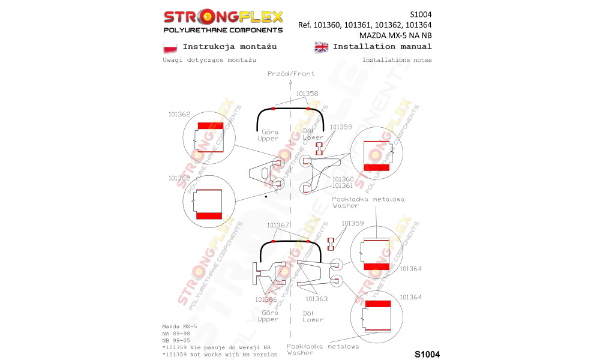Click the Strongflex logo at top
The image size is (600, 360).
pyautogui.click(x=223, y=21)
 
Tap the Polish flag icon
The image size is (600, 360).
pyautogui.click(x=170, y=47)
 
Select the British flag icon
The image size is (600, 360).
pyautogui.click(x=322, y=47)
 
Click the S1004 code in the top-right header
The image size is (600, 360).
pyautogui.click(x=421, y=14)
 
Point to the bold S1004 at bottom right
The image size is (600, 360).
pyautogui.click(x=427, y=354)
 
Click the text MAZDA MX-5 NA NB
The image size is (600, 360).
pyautogui.click(x=395, y=35)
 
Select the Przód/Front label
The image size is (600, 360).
pyautogui.click(x=291, y=73)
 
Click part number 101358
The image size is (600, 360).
pyautogui.click(x=307, y=94)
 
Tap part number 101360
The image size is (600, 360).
pyautogui.click(x=343, y=179)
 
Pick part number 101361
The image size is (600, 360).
pyautogui.click(x=343, y=185)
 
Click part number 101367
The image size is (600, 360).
pyautogui.click(x=278, y=226)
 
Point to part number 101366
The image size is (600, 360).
pyautogui.click(x=266, y=299)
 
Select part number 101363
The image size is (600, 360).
pyautogui.click(x=316, y=299)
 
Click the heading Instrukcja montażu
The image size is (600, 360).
pyautogui.click(x=230, y=47)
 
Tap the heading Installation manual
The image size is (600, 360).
pyautogui.click(x=382, y=47)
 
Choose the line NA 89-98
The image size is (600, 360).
pyautogui.click(x=176, y=334)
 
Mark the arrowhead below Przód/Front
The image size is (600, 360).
pyautogui.click(x=291, y=82)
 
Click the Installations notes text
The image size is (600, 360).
pyautogui.click(x=397, y=59)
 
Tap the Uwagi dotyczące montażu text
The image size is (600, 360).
pyautogui.click(x=209, y=60)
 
